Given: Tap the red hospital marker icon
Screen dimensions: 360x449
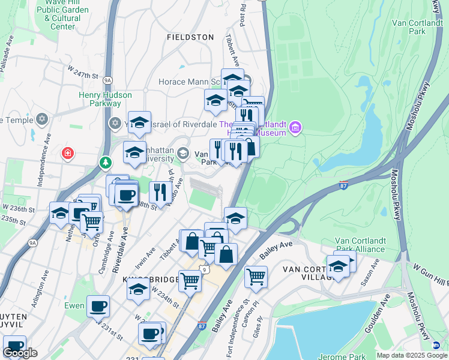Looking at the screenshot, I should pyautogui.click(x=68, y=154).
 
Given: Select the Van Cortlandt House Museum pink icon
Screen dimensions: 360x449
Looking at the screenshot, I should pyautogui.click(x=295, y=127).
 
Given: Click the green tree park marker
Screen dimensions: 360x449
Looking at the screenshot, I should pyautogui.click(x=106, y=163).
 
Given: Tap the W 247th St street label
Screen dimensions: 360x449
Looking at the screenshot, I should pyautogui.click(x=83, y=74).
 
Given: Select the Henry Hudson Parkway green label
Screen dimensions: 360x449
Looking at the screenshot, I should pyautogui.click(x=100, y=99).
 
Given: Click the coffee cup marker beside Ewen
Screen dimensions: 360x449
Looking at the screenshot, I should pyautogui.click(x=98, y=306).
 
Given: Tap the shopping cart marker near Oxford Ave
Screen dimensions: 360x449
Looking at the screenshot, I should pyautogui.click(x=91, y=223).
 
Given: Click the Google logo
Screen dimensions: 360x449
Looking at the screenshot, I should pyautogui.click(x=20, y=353).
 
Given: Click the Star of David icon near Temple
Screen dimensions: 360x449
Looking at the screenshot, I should pyautogui.click(x=41, y=118).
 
